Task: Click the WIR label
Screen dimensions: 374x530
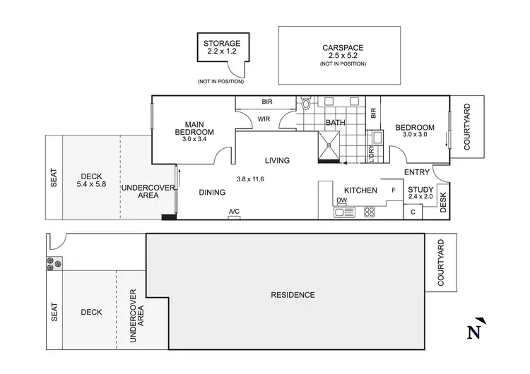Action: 264,119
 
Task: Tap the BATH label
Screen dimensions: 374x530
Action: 335,123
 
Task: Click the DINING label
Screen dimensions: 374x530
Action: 212,192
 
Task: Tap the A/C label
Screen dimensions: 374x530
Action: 234,212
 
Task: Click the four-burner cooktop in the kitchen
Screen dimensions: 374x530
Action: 369,210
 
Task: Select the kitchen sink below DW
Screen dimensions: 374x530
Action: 342,211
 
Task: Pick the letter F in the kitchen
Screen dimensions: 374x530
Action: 394,191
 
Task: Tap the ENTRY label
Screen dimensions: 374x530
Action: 417,172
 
